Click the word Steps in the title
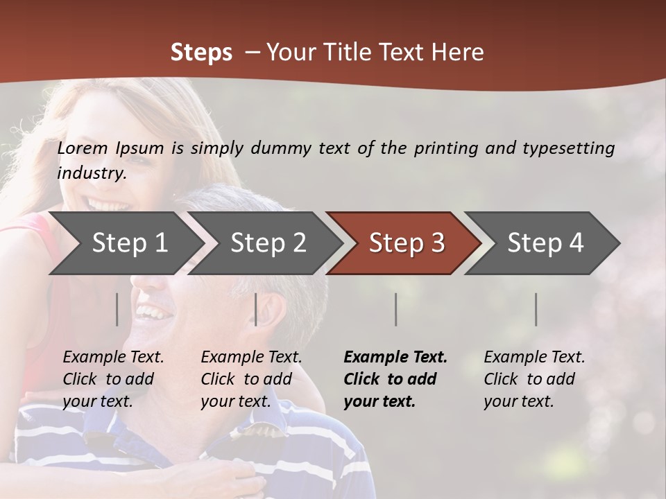[201, 53]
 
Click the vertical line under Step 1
[117, 309]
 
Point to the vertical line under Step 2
[256, 309]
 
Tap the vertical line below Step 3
[396, 309]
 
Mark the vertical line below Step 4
[536, 309]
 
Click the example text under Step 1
[113, 379]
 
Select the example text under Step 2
[251, 379]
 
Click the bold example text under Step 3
[395, 379]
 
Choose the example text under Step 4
[534, 379]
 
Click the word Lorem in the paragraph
[83, 148]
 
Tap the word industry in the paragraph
[91, 173]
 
